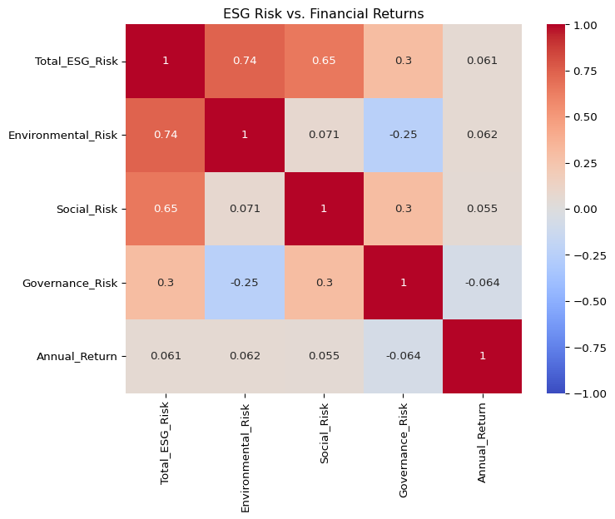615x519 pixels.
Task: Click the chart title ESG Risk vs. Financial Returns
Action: click(323, 13)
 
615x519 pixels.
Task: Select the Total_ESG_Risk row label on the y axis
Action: click(77, 62)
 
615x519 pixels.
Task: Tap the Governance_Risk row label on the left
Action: click(76, 283)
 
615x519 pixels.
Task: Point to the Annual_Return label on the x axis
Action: click(483, 439)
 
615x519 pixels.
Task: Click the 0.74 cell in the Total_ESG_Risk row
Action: click(245, 62)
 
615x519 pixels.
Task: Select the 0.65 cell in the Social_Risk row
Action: click(165, 209)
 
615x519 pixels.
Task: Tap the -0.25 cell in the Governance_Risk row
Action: click(245, 283)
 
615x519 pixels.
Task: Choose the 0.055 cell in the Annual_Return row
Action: click(324, 356)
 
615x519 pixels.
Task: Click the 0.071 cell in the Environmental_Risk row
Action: click(324, 135)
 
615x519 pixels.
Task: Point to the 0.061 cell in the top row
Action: click(483, 62)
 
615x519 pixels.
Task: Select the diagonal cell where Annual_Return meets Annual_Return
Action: click(483, 356)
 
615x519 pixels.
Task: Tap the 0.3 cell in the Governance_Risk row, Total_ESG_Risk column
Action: click(165, 283)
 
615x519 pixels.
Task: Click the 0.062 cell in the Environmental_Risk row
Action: click(483, 135)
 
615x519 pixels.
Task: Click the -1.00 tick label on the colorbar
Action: click(588, 393)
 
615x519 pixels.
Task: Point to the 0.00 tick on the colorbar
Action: click(588, 209)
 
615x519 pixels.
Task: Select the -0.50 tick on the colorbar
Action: click(588, 301)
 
